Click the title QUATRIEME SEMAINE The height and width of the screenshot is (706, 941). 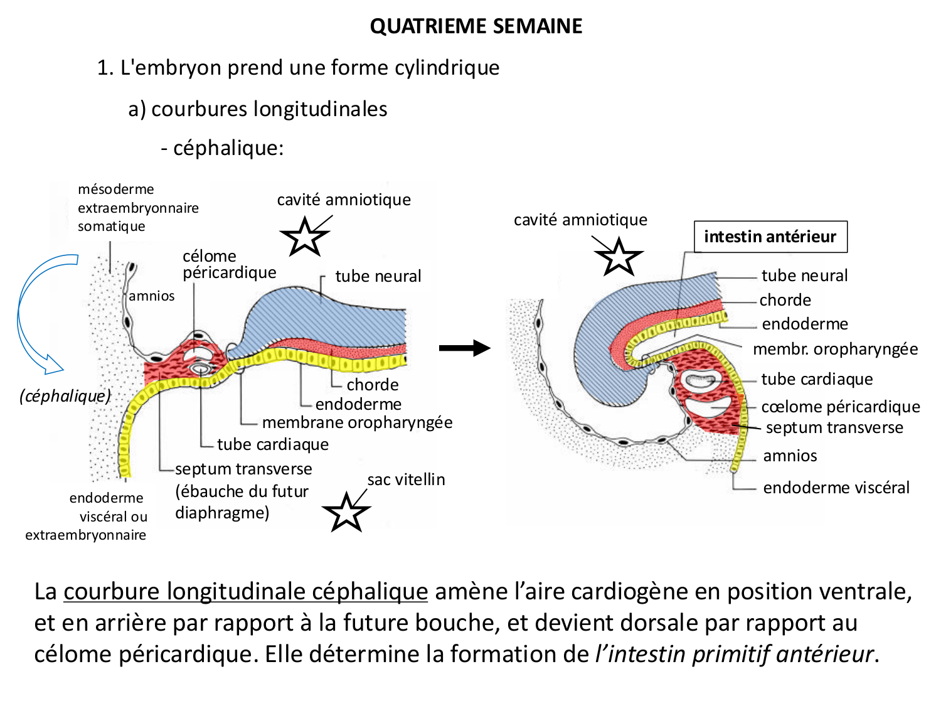pos(476,26)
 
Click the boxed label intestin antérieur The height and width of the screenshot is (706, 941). pos(770,237)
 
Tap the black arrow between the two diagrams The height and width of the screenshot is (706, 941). pos(464,348)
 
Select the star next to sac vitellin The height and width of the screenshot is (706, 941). pos(346,512)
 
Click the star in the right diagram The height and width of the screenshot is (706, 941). pos(619,257)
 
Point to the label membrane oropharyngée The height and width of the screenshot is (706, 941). pos(357,422)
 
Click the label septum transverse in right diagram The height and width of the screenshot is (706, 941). pos(834,427)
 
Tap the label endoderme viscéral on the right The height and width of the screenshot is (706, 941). pos(836,488)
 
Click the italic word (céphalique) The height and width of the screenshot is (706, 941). pos(65,396)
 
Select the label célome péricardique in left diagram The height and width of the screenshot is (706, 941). pos(229,264)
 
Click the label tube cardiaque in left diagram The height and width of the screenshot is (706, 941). pos(272,444)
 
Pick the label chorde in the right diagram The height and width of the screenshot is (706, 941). pos(785,300)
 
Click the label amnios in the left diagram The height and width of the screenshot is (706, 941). pos(152,296)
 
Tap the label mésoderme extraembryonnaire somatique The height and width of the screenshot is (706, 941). pos(138,208)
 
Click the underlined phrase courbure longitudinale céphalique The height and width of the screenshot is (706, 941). pos(246,592)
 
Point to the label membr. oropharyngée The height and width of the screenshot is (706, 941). pos(835,349)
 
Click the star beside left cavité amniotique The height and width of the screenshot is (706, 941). pos(305,237)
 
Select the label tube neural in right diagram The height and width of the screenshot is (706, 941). pos(804,275)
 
